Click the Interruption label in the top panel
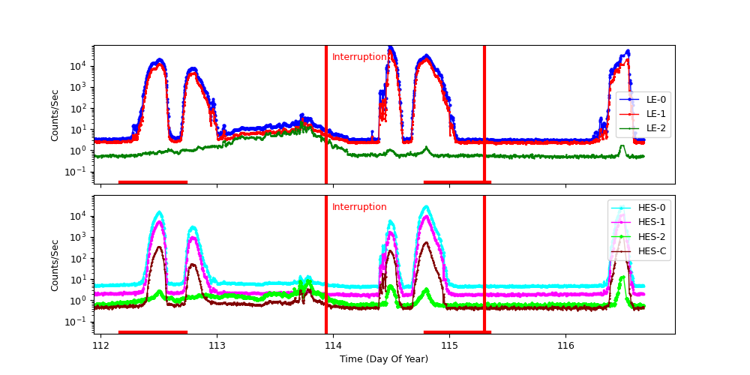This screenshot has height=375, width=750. (359, 57)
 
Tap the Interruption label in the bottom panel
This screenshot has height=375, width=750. (359, 207)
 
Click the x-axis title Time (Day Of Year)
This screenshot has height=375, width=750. (384, 359)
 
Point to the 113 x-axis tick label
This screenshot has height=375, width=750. (217, 345)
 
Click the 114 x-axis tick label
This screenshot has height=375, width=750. (333, 345)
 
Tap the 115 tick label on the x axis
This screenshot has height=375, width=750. (449, 345)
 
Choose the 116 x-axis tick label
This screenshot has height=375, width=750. (565, 345)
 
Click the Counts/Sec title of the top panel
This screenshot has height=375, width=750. (55, 115)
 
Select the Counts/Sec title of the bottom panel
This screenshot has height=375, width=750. (55, 265)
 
